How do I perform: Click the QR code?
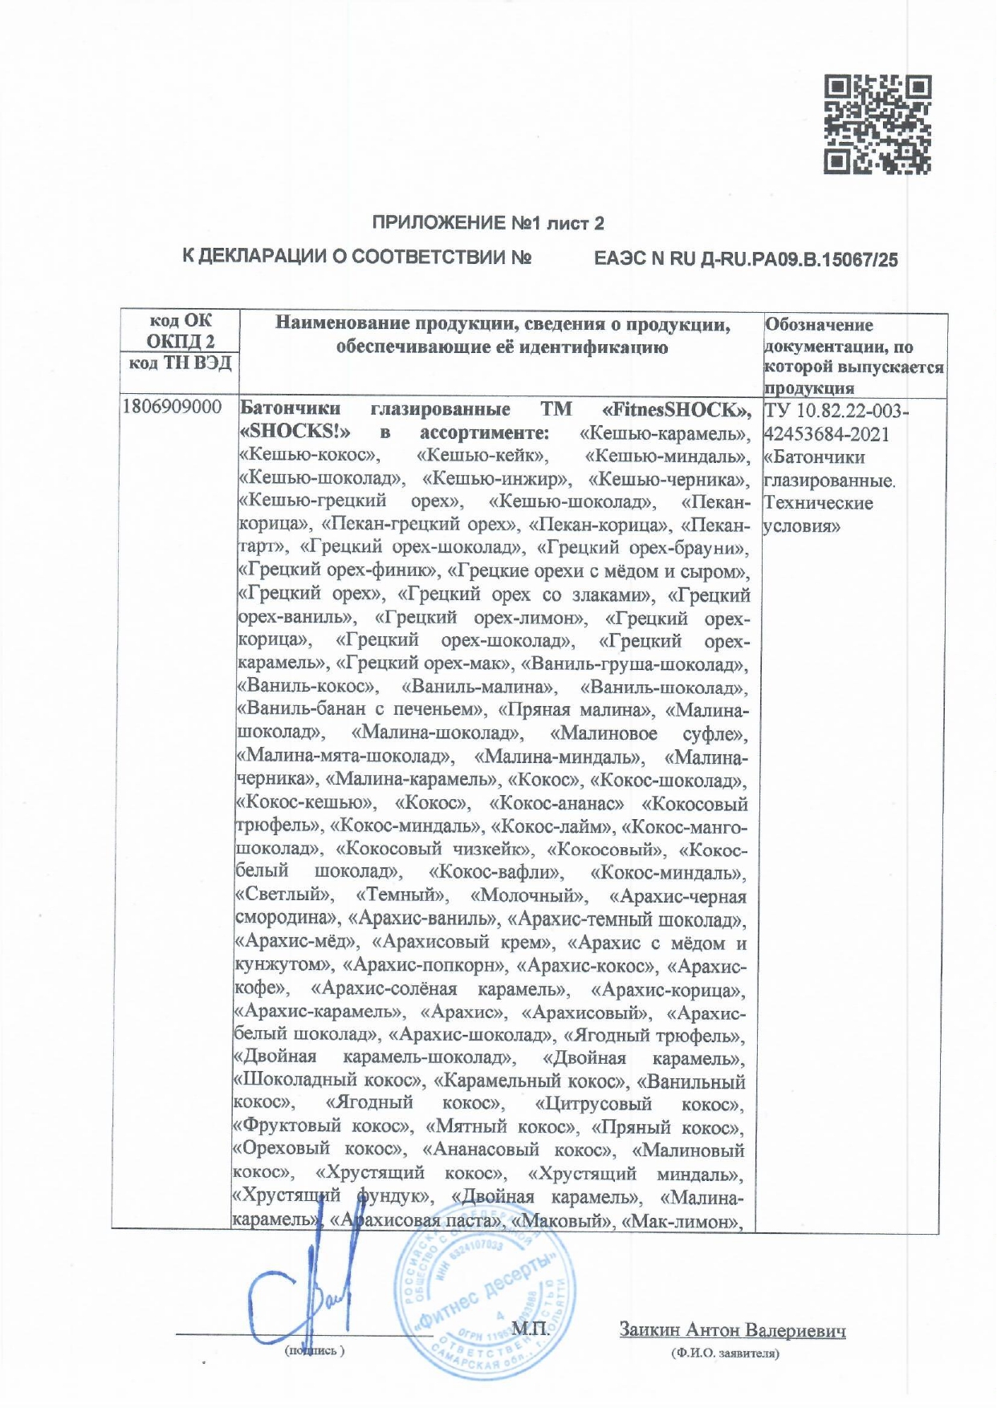(877, 124)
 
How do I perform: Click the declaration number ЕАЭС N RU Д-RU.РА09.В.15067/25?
(746, 259)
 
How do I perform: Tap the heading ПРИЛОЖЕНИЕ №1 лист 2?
(488, 223)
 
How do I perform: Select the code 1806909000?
(172, 408)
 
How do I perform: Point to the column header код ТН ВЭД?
(180, 363)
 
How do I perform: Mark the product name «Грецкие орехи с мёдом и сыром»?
(598, 572)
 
